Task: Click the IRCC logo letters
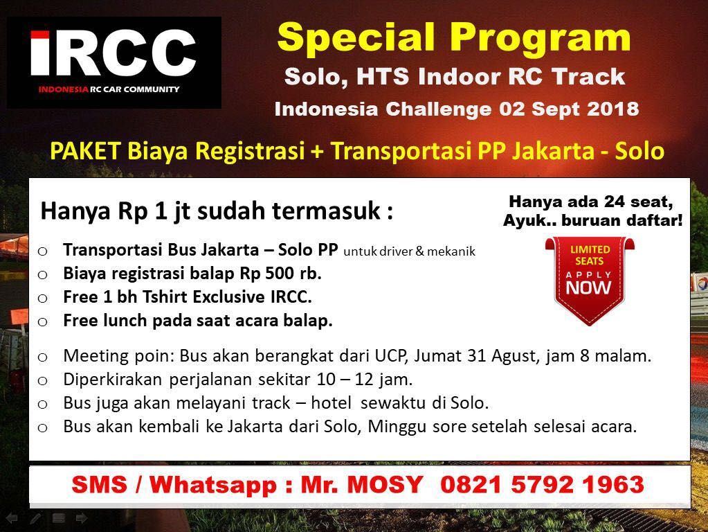(x=114, y=53)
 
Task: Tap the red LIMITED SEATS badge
(x=589, y=281)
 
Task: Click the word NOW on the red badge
(x=589, y=287)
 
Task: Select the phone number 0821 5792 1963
(x=542, y=484)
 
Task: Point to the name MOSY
(x=385, y=484)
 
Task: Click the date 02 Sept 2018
(x=569, y=109)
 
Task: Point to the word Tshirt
(x=167, y=296)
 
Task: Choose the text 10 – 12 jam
(x=365, y=379)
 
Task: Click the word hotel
(x=332, y=402)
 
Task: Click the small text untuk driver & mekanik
(x=409, y=251)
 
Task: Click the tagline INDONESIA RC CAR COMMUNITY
(x=109, y=89)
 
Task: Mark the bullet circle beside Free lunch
(x=42, y=322)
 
